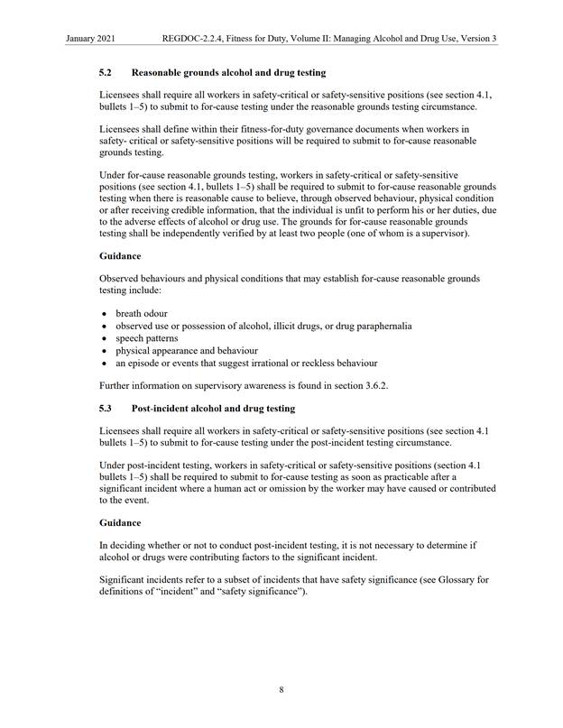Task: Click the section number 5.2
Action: click(106, 72)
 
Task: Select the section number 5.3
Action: click(106, 409)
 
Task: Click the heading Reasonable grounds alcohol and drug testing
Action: click(228, 72)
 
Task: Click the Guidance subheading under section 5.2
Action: click(121, 255)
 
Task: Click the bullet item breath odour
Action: click(142, 313)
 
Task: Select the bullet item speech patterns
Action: click(146, 337)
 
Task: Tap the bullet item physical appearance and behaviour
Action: click(186, 350)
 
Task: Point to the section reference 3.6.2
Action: click(372, 386)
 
